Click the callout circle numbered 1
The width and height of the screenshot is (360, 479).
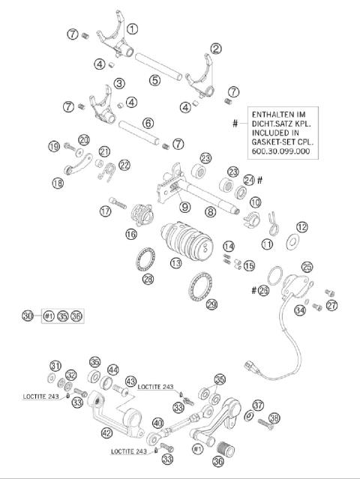tap(132, 29)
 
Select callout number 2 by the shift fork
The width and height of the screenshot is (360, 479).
tap(216, 49)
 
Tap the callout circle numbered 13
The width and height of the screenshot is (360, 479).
tap(176, 263)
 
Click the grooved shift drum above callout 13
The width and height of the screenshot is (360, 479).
tap(187, 239)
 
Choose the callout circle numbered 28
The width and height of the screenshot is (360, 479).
tap(148, 279)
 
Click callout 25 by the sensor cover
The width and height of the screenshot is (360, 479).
tap(307, 267)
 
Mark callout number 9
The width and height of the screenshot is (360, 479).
tap(184, 207)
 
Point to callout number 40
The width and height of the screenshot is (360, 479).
tap(157, 423)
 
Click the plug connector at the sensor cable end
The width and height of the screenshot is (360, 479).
tap(250, 367)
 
